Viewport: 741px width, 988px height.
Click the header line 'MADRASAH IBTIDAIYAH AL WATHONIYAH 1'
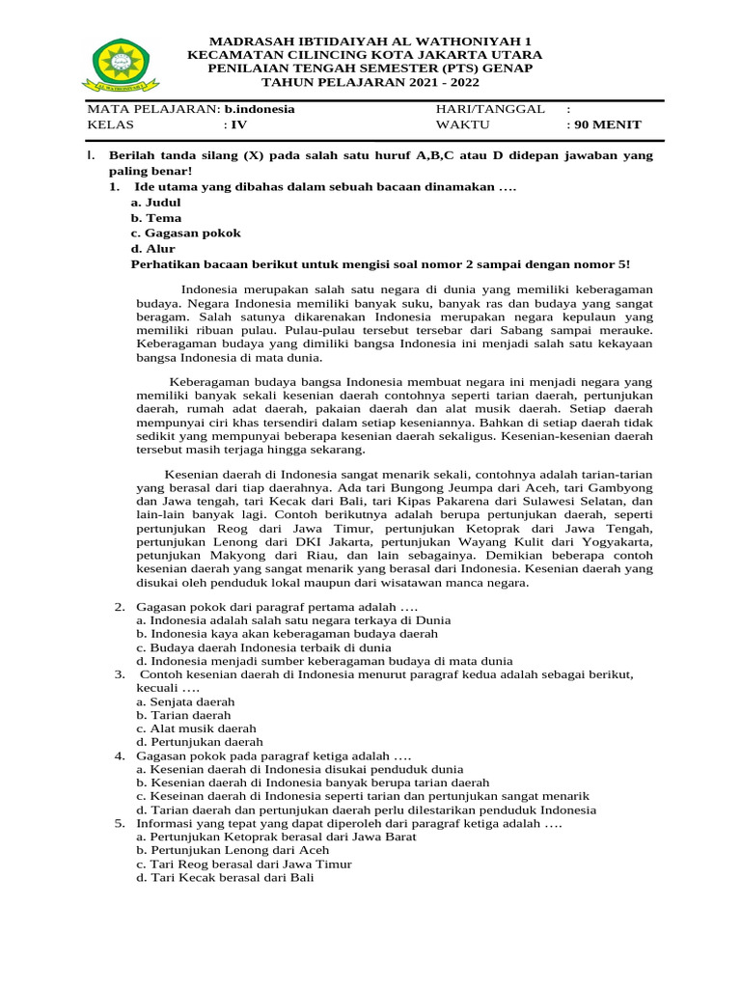pyautogui.click(x=370, y=42)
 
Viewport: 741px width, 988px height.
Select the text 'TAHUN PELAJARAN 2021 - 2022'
pyautogui.click(x=370, y=83)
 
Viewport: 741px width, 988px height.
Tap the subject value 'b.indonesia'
pyautogui.click(x=260, y=109)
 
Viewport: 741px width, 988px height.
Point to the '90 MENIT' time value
pyautogui.click(x=606, y=124)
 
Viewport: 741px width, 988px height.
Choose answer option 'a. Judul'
pyautogui.click(x=156, y=203)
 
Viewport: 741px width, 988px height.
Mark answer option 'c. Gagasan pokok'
pyautogui.click(x=186, y=233)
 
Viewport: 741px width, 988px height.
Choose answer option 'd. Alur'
pyautogui.click(x=153, y=249)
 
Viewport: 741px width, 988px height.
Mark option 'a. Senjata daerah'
pyautogui.click(x=185, y=701)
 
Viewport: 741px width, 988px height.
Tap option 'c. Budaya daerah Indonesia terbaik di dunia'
pyautogui.click(x=263, y=647)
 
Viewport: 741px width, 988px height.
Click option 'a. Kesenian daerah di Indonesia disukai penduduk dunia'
pyautogui.click(x=294, y=769)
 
